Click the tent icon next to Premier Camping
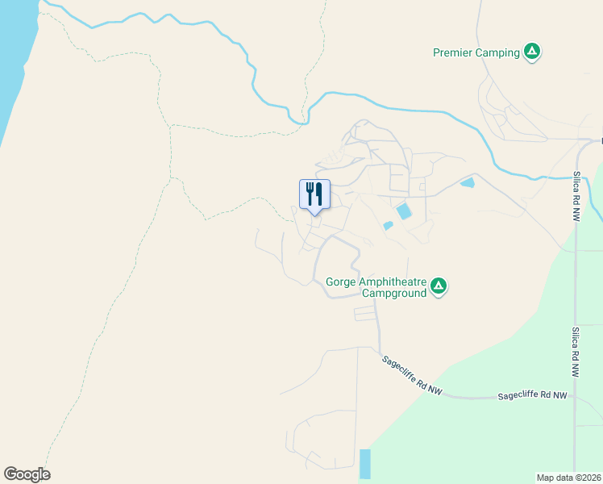531,52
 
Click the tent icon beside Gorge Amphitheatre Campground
439,286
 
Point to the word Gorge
342,282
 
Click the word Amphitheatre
393,282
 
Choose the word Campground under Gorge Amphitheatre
393,294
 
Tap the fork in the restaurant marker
310,193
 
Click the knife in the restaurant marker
319,194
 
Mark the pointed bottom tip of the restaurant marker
314,214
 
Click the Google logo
27,474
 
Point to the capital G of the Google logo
10,474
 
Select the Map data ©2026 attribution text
569,477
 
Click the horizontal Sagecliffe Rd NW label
532,396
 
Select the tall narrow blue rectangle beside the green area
365,464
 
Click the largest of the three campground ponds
403,211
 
